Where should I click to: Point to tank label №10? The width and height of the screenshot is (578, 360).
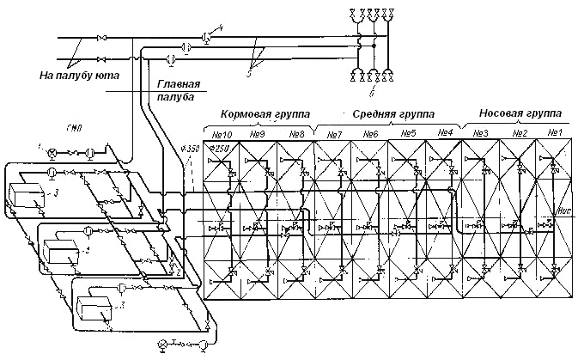pos(223,134)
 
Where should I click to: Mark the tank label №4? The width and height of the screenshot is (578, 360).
pos(444,134)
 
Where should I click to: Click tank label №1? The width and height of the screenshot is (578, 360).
pos(554,133)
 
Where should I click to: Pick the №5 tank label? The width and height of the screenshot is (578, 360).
pos(408,134)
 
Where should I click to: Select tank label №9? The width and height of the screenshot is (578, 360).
pos(259,134)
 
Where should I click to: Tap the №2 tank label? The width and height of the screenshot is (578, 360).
pos(519,133)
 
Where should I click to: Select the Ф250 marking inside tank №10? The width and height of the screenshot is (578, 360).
pos(222,149)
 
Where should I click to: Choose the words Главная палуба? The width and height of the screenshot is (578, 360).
pos(179,89)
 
